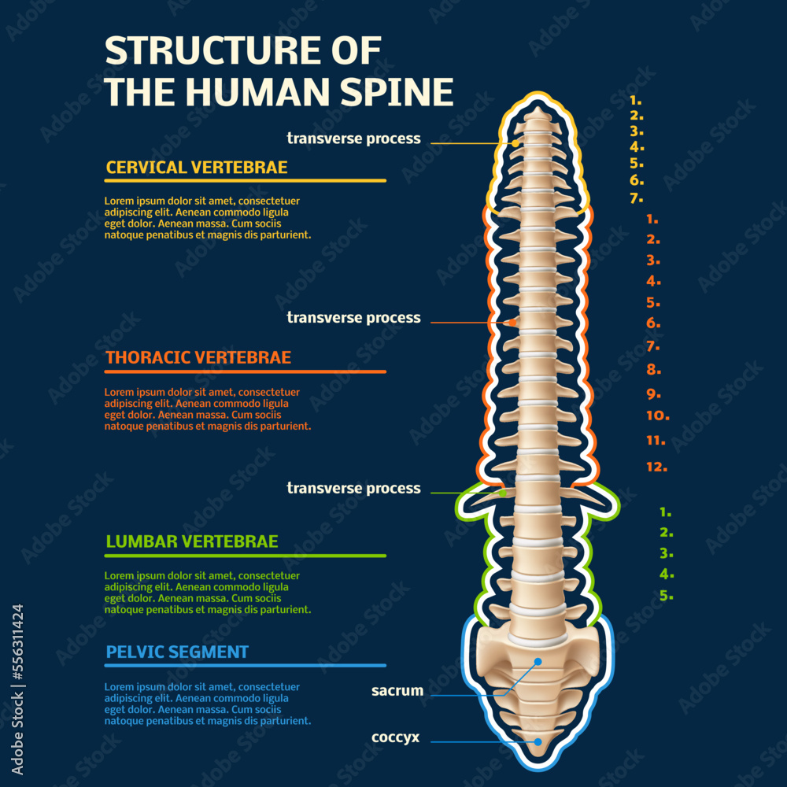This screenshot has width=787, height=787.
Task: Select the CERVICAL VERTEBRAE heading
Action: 196,167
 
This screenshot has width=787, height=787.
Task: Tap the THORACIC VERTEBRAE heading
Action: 198,357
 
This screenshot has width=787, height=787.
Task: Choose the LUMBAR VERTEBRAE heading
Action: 191,541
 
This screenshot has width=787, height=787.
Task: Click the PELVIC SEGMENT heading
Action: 177,652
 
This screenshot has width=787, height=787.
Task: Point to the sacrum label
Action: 397,691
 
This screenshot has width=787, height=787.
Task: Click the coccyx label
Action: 396,738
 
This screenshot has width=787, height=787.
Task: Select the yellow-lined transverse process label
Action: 353,139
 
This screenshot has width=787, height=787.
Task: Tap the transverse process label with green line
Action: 353,488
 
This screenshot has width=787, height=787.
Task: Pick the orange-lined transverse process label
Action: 353,318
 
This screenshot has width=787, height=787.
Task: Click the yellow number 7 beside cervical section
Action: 637,198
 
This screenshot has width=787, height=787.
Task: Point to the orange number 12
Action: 656,466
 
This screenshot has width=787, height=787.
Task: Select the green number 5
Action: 667,595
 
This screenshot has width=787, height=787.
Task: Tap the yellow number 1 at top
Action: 636,101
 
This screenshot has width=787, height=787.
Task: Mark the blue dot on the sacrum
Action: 538,662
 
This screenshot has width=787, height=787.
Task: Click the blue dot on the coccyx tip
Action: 538,741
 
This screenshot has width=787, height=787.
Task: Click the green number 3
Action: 666,553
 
